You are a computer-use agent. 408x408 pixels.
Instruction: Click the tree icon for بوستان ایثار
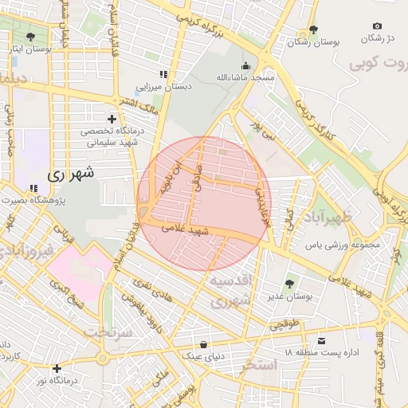(30, 37)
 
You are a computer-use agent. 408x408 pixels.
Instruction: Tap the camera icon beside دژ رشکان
(377, 25)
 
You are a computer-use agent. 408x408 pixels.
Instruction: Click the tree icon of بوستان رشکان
(313, 29)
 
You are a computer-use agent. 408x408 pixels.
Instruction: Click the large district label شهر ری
(70, 172)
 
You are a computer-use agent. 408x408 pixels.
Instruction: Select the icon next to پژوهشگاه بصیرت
(33, 189)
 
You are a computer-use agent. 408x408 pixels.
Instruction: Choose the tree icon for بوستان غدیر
(288, 283)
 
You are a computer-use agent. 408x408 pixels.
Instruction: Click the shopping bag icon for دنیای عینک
(206, 344)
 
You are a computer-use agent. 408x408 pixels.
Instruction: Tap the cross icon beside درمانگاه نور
(57, 368)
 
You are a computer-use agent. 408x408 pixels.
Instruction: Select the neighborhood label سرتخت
(108, 331)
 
